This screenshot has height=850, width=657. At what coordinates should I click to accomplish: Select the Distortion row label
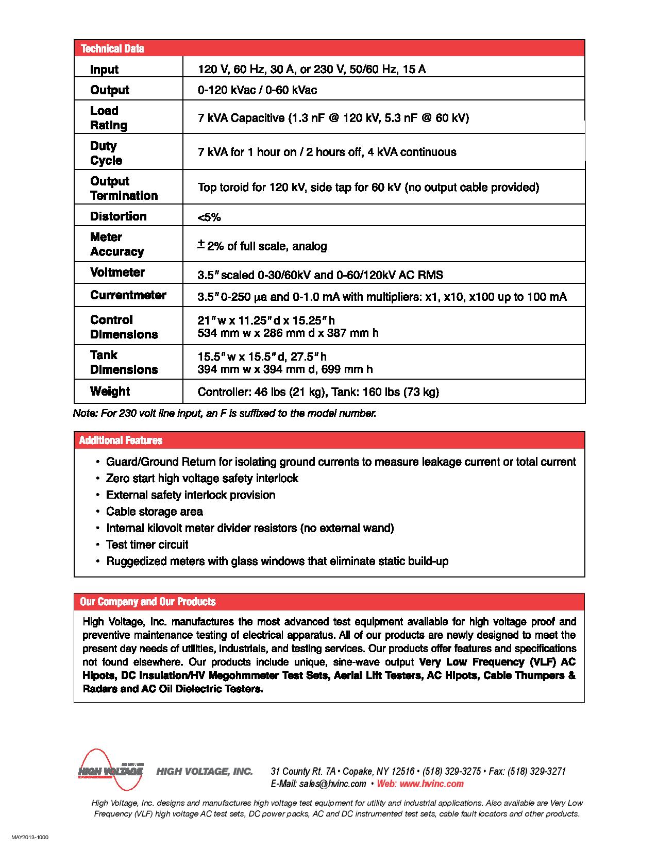coord(118,216)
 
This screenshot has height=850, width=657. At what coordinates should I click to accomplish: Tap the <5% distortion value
coord(209,217)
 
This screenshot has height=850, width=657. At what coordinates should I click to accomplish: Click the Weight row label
coord(110,391)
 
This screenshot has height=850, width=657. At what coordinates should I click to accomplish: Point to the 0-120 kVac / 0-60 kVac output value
coord(257,90)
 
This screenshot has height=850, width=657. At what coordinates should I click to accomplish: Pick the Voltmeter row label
coord(117,272)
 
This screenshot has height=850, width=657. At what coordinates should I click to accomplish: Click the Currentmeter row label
coord(128,295)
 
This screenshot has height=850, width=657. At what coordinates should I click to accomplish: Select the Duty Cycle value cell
coord(327,152)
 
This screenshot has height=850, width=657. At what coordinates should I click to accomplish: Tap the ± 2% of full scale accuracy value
coord(263,246)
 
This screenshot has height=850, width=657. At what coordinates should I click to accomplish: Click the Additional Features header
coord(121,440)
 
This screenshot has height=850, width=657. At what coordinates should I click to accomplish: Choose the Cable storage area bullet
coord(154,512)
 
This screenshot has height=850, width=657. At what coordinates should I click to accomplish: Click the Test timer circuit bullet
coord(147,545)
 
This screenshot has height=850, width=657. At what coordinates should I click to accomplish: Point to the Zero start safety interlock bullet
coord(202,479)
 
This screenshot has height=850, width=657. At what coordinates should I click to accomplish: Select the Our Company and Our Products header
coord(147,602)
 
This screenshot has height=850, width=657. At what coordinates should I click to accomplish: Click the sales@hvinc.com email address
coord(332,784)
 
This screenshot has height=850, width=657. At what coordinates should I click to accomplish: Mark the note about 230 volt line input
coord(225,413)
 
